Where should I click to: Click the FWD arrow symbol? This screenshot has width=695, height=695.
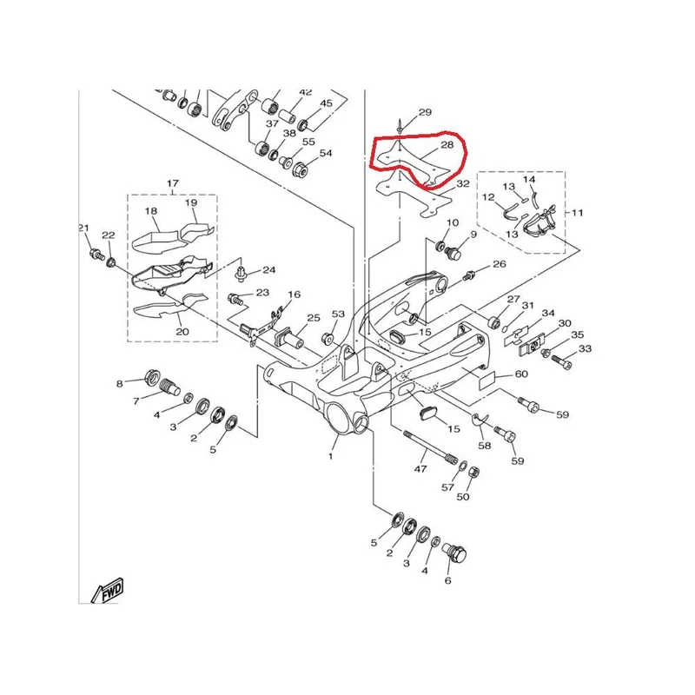pos(107,592)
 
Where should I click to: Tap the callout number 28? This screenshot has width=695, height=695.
pos(447,145)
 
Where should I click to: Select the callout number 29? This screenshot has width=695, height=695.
pos(425,112)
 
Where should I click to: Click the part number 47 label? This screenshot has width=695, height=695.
pos(420,468)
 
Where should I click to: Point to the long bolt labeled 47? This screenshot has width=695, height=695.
pos(430,446)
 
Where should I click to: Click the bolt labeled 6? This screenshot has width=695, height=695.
pos(455,553)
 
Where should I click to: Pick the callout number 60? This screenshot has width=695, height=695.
pos(521,374)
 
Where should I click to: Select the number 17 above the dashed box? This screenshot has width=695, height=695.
pos(172,183)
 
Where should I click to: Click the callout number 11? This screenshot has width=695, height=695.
pos(577,213)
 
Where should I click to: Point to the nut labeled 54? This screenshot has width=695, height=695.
pos(301,169)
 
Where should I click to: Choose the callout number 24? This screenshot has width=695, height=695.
pos(269,270)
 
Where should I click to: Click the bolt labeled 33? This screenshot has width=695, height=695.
pos(561,360)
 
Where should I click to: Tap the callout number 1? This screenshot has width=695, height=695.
pos(330,456)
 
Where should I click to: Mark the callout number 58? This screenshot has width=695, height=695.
pos(485,445)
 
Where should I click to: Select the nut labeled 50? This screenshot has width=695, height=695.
pos(473,473)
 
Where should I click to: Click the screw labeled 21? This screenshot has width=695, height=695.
pos(96,255)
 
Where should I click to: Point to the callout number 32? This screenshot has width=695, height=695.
pos(462,183)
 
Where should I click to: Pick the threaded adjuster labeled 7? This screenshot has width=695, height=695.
pos(169,386)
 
